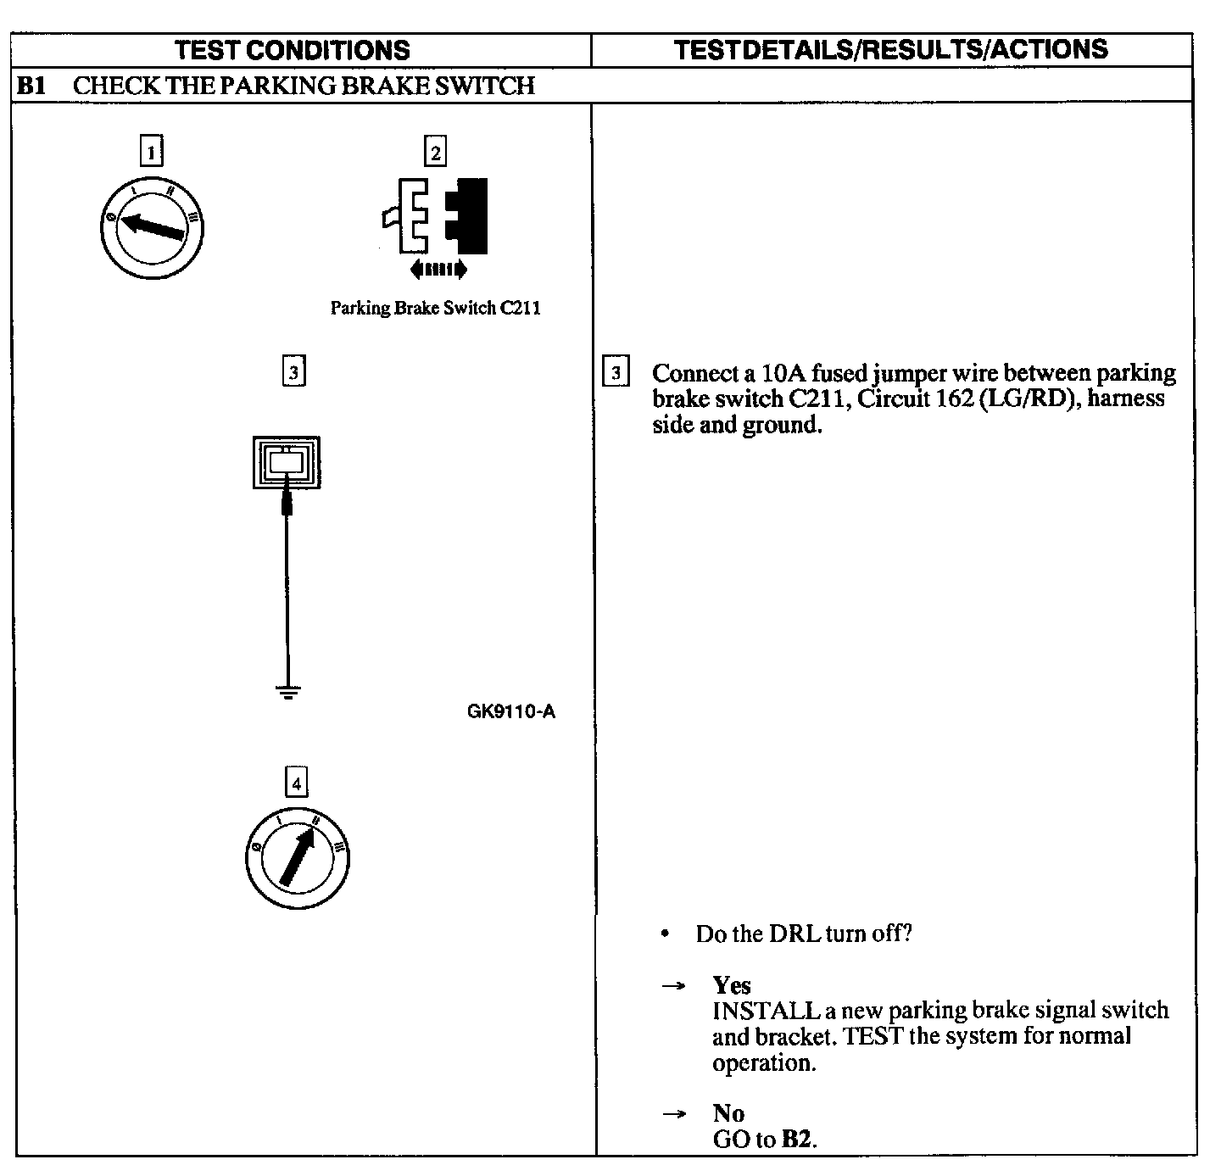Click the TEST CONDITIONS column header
point(293,50)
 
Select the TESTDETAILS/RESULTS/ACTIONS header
point(891,49)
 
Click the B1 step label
point(32,86)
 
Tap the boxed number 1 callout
point(151,153)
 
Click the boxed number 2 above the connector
point(435,153)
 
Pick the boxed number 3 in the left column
point(293,371)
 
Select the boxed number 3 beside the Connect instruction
point(616,373)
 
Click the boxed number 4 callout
point(296,783)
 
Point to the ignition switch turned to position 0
point(152,229)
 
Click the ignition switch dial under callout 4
point(296,857)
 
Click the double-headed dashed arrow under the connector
point(438,270)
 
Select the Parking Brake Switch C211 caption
point(435,308)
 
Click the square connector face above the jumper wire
point(287,463)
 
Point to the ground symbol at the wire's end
point(289,693)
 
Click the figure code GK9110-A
point(511,711)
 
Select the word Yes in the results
point(732,985)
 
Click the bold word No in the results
point(728,1113)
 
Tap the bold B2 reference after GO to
point(796,1140)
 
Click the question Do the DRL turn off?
point(803,934)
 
